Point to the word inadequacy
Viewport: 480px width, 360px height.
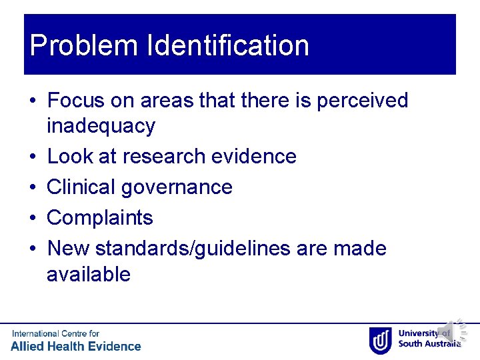tap(101, 125)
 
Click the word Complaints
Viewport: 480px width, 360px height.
tap(100, 217)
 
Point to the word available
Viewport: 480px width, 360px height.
tap(89, 273)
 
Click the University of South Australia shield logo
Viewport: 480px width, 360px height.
tap(381, 340)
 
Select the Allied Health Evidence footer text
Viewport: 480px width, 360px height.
tap(76, 346)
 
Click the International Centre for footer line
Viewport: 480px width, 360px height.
tap(55, 333)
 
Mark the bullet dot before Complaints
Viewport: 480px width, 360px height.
tap(33, 217)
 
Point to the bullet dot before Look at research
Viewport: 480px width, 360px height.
tap(33, 156)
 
